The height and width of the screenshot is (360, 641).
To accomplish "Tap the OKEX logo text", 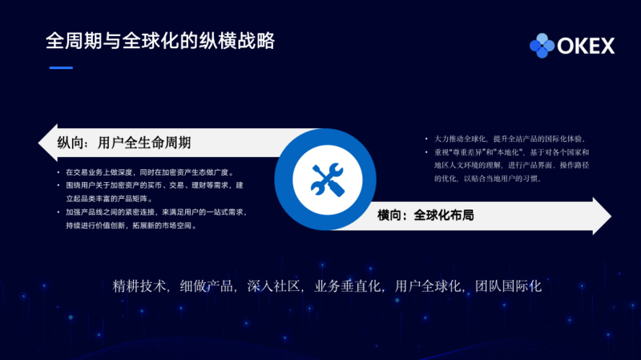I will pyautogui.click(x=586, y=47).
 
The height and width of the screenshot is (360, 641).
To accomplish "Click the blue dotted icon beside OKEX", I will pyautogui.click(x=542, y=46).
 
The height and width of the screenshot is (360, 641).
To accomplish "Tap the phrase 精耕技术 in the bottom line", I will pyautogui.click(x=140, y=286).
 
